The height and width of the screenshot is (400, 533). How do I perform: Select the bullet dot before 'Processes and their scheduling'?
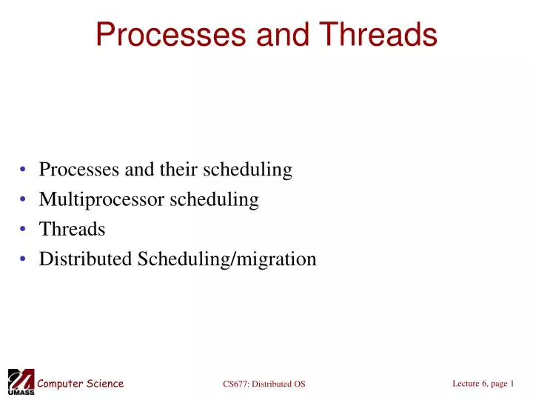tap(25, 171)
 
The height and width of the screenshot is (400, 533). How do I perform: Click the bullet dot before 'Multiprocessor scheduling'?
tap(25, 201)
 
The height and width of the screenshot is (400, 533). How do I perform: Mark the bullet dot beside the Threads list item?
tap(25, 230)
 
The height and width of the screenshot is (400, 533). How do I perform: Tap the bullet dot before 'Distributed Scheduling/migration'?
tap(25, 260)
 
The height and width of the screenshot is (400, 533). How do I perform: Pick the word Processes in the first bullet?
tap(79, 170)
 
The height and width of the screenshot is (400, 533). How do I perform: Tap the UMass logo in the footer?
tap(20, 381)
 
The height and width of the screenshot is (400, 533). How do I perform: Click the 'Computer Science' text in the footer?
tap(81, 383)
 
